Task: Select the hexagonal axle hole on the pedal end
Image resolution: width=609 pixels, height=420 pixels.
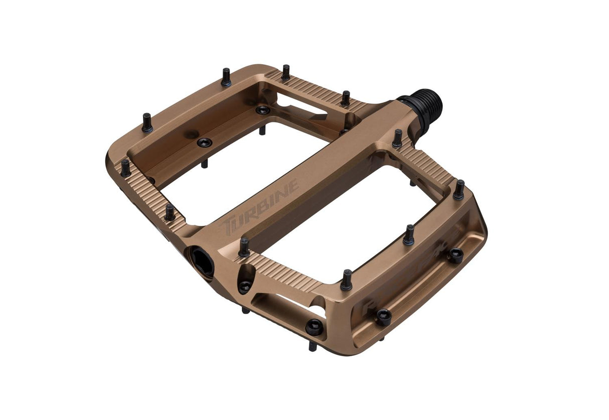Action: [201, 260]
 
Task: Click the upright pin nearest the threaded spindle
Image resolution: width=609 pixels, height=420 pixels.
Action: [397, 138]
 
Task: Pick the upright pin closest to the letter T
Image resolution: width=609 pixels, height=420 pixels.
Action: [244, 246]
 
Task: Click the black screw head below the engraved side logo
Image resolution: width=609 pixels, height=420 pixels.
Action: [384, 317]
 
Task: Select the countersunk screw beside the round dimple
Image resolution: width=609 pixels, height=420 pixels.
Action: [204, 143]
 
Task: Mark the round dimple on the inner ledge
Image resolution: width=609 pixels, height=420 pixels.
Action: [191, 134]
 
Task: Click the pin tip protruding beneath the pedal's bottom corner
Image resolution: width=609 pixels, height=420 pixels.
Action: [312, 346]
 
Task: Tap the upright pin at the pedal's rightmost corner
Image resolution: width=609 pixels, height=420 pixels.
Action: [459, 190]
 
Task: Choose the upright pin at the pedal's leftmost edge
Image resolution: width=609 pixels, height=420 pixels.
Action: [125, 168]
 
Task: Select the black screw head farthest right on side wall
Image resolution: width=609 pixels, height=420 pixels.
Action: [455, 255]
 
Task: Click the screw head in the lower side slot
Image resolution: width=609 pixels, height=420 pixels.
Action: [315, 327]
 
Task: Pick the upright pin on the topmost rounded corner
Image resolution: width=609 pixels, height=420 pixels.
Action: [226, 76]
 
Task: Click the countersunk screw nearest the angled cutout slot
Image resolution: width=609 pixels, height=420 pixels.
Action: [262, 110]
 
